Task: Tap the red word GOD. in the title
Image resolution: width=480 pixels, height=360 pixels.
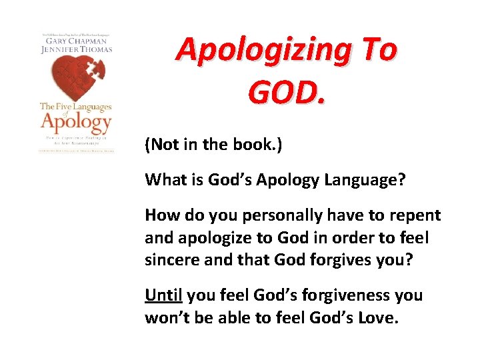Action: click(x=287, y=91)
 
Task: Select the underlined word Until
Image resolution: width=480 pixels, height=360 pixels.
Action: click(x=164, y=295)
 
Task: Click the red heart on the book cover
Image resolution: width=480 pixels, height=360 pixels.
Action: click(x=76, y=75)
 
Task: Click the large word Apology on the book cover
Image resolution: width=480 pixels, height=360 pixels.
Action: click(x=75, y=122)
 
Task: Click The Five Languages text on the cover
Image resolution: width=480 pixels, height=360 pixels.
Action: click(x=75, y=106)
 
